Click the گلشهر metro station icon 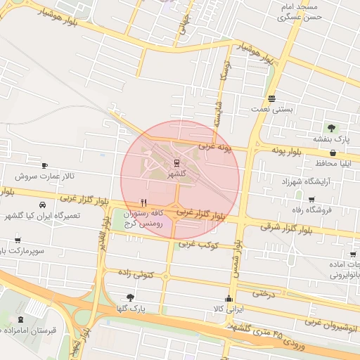point(176,163)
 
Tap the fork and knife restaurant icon point(143,202)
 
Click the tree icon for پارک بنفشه point(332,127)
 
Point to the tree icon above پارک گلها point(129,297)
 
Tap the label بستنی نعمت point(271,110)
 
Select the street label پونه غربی point(214,148)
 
